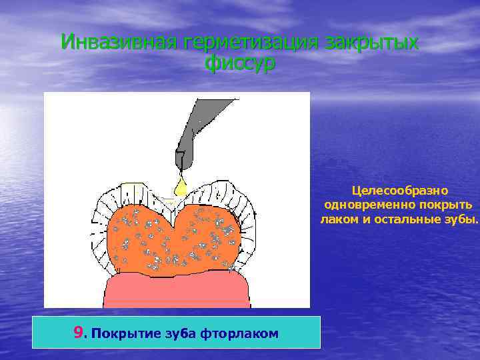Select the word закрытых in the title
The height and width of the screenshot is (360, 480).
372,43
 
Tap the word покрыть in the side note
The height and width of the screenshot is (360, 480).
446,205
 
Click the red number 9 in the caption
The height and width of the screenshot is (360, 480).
80,332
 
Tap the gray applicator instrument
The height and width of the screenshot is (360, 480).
193,133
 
